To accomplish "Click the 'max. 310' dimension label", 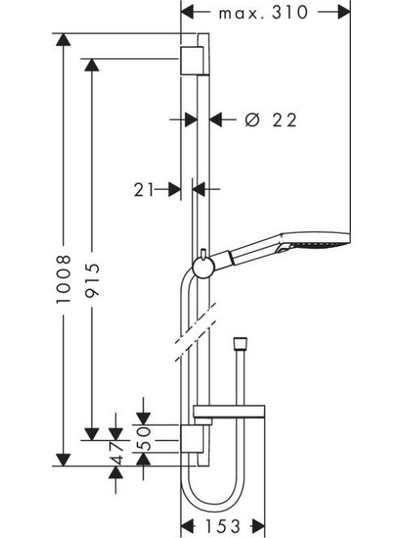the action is (x=263, y=13).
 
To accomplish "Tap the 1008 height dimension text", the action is (x=63, y=279).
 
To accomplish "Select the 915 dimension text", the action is (x=92, y=280).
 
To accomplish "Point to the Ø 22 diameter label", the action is (x=271, y=120).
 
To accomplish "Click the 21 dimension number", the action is (x=143, y=190).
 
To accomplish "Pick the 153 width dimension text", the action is (x=222, y=526).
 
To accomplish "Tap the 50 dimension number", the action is (x=143, y=438).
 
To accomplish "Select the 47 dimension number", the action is (x=117, y=453).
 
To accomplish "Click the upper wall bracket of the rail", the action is (x=195, y=60).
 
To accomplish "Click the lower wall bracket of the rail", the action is (x=195, y=439).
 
